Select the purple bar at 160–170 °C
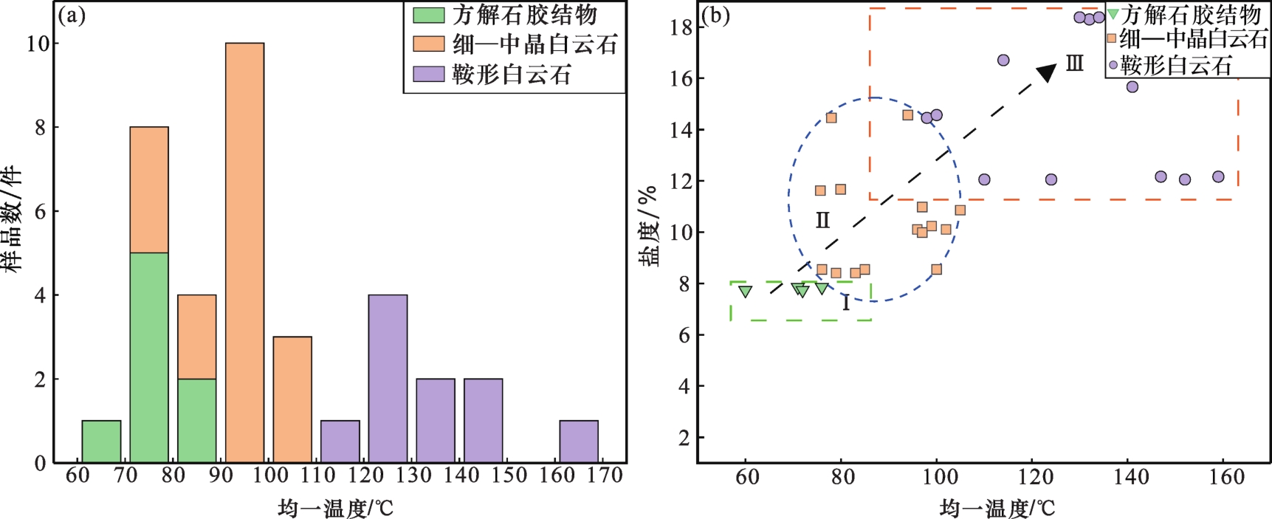pos(579,441)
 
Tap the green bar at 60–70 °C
pos(101,441)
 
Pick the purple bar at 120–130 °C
pos(388,379)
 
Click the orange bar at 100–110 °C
pos(292,399)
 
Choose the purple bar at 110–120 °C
pos(340,441)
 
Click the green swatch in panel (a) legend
pos(428,15)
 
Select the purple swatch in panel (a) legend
pos(428,74)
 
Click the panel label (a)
pos(72,16)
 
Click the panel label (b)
pos(715,16)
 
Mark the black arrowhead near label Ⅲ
pos(1047,72)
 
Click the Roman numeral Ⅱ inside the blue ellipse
pos(822,220)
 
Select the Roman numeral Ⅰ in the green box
pos(846,303)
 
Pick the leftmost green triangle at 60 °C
pos(746,292)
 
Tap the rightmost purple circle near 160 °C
pos(1218,177)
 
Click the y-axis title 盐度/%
pos(648,225)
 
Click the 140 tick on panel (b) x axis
pos(1131,478)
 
